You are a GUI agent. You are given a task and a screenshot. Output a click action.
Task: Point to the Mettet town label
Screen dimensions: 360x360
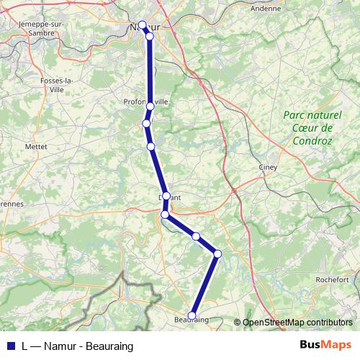[35, 145]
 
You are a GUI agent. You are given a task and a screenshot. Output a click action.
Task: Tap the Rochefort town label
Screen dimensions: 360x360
[332, 279]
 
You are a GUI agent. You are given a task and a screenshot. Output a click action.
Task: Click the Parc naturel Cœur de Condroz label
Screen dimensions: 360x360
[307, 128]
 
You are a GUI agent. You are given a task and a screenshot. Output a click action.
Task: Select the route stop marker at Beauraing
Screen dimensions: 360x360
[192, 315]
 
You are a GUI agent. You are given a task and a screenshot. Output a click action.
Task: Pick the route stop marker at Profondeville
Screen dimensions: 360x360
[150, 107]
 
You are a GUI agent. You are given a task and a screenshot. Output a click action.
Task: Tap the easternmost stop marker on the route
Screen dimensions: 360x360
[217, 253]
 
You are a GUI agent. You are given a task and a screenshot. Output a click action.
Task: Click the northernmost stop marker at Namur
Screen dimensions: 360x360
[143, 25]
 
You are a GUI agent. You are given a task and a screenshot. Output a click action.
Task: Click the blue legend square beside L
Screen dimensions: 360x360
[10, 346]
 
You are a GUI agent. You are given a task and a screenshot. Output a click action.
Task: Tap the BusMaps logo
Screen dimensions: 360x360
[325, 346]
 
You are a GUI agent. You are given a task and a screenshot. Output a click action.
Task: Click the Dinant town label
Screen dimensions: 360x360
[166, 195]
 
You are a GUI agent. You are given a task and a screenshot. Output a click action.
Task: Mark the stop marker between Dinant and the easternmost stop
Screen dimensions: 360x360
[196, 235]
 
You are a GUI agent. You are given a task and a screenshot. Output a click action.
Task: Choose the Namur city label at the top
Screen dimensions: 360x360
[143, 27]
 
